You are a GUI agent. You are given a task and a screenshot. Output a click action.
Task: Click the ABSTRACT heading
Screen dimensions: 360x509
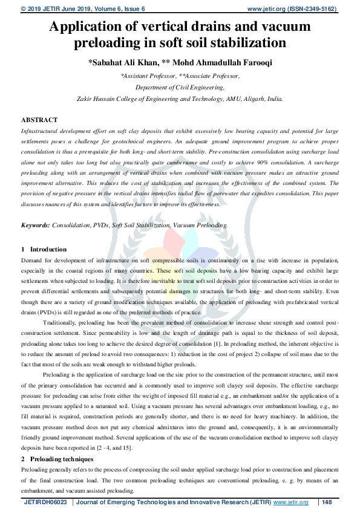coord(39,120)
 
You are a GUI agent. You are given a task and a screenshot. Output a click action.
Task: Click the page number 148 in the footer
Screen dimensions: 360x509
coord(327,502)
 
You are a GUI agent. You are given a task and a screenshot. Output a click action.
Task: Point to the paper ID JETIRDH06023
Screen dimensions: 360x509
coord(45,502)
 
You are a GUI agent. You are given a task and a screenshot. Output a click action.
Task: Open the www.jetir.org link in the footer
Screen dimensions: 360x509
coord(291,502)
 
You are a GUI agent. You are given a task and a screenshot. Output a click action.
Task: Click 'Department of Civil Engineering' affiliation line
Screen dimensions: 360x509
coord(180,87)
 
